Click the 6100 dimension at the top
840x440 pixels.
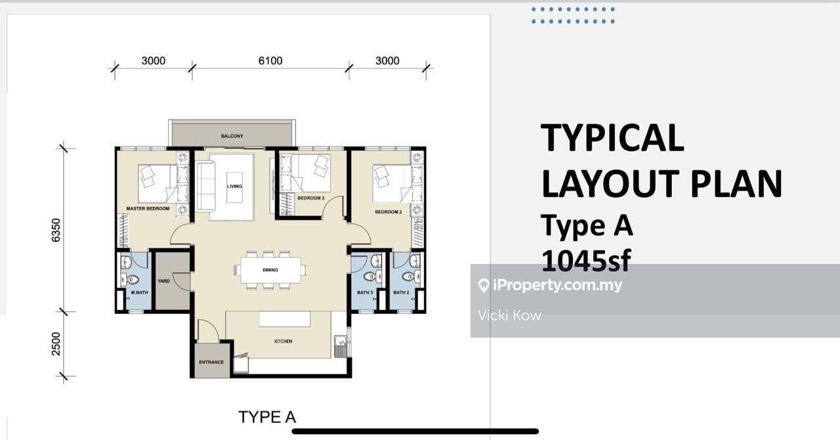pos(270,60)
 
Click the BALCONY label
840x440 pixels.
pos(232,136)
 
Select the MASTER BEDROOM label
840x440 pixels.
pos(148,209)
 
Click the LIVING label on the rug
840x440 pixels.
pos(234,186)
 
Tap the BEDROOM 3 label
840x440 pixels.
pos(310,198)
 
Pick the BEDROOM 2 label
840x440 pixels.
pos(388,212)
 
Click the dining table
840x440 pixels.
pos(270,269)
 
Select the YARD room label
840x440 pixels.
pos(163,280)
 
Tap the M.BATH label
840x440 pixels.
pos(138,293)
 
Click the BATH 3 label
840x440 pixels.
pos(365,293)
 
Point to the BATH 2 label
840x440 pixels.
pos(401,293)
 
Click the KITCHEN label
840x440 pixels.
pos(283,341)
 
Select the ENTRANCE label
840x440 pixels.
pos(211,362)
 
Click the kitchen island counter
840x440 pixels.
pos(284,319)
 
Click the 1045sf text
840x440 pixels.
pos(585,261)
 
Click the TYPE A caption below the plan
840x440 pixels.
pos(266,417)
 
